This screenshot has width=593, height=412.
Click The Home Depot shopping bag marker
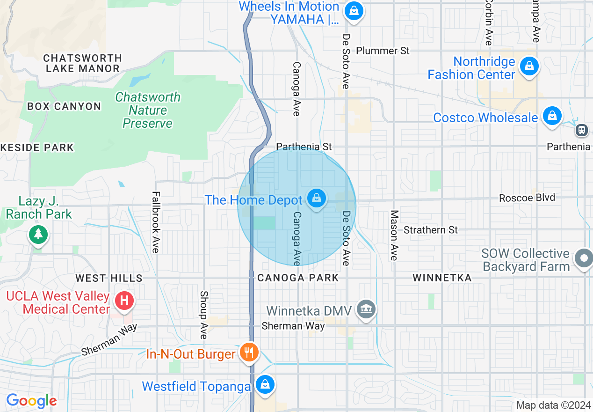pos(317,199)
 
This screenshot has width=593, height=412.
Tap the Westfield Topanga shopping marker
pos(265,385)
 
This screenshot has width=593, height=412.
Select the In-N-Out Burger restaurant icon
pos(249,352)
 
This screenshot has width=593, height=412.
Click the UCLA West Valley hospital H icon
pos(124,300)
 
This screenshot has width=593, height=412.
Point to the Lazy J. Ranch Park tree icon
pos(38,233)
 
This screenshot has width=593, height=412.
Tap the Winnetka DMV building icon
pos(367,309)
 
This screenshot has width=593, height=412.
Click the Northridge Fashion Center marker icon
pos(529,66)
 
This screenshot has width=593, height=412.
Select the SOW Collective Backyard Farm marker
pos(584,258)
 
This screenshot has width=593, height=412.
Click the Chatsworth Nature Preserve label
pos(148,110)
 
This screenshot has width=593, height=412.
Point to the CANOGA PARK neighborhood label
pos(298,278)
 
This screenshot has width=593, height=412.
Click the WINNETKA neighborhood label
pos(441,278)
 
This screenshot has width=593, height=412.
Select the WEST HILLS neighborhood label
pos(109,278)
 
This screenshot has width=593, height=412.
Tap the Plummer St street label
pos(383,51)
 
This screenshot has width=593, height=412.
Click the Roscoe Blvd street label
pos(527,198)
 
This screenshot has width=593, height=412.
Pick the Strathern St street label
pos(431,230)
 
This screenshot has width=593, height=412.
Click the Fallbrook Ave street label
pos(156,222)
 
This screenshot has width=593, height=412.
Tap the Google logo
pos(31,401)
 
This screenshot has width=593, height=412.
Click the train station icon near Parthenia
pos(582,130)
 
